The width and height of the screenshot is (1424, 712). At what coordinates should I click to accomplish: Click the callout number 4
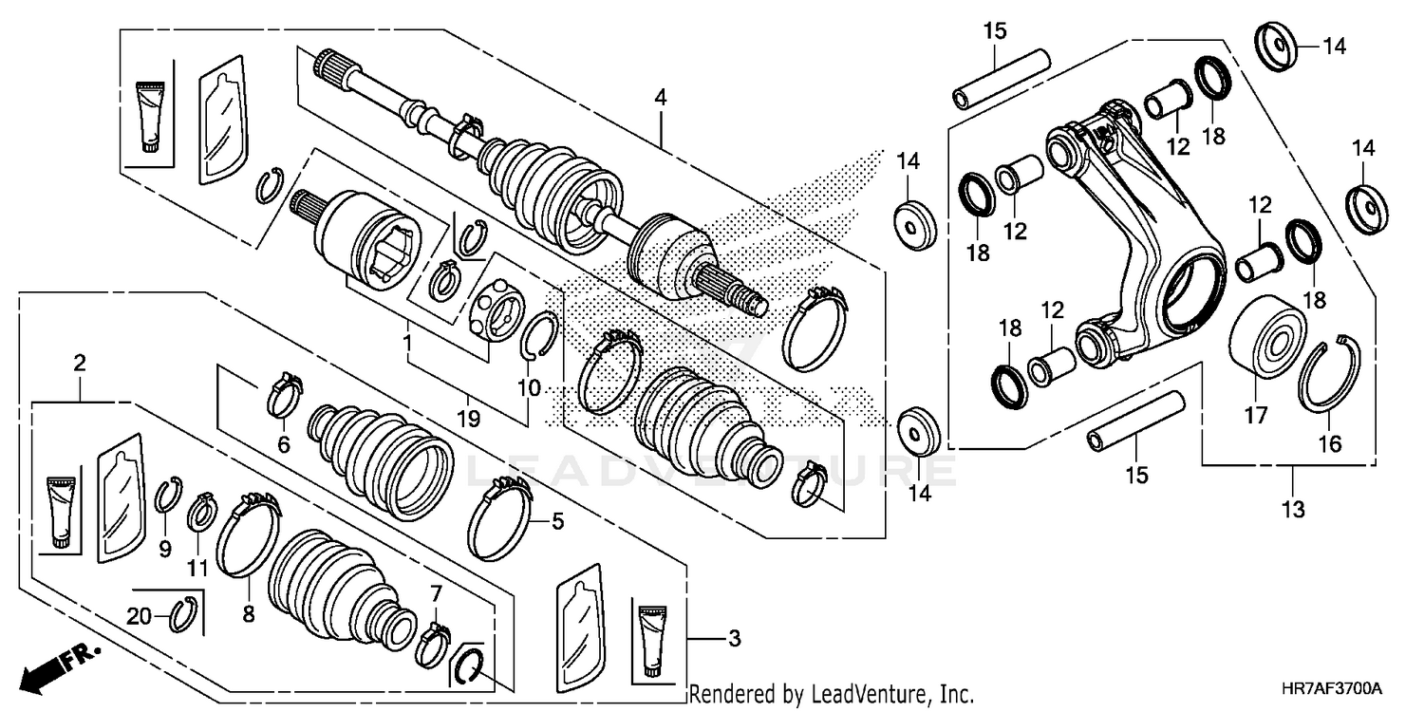click(x=660, y=97)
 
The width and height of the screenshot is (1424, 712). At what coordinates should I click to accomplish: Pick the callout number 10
click(x=529, y=388)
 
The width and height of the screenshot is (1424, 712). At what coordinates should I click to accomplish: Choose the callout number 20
click(x=140, y=615)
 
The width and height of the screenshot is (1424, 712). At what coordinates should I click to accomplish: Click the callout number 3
click(x=733, y=639)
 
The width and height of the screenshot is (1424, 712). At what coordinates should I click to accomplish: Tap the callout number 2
click(x=80, y=362)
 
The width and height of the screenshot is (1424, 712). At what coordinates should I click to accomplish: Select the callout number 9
click(x=165, y=549)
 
